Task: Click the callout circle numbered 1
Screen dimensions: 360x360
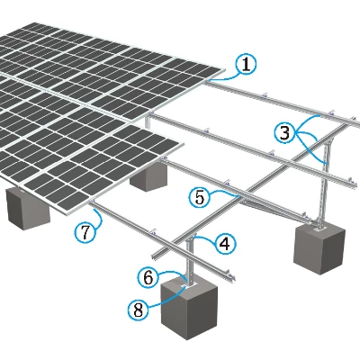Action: tap(246, 65)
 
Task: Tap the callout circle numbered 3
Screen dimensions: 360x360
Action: tap(284, 132)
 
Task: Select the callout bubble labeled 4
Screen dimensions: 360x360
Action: tap(225, 244)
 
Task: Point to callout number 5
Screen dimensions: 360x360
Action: tap(200, 198)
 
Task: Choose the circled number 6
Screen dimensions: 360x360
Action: tap(148, 278)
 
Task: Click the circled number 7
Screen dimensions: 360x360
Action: tap(85, 232)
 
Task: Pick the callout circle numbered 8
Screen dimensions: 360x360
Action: tap(138, 310)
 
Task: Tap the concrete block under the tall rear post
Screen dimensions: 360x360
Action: tap(319, 247)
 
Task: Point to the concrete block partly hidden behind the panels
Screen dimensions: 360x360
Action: tap(148, 177)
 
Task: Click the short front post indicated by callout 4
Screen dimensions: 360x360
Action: tap(190, 260)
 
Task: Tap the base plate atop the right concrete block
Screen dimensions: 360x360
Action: tap(319, 229)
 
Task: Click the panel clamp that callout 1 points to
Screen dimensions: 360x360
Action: tap(209, 80)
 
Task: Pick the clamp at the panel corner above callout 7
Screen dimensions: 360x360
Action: tap(93, 201)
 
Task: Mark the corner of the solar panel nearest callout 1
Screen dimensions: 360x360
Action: tap(224, 69)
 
